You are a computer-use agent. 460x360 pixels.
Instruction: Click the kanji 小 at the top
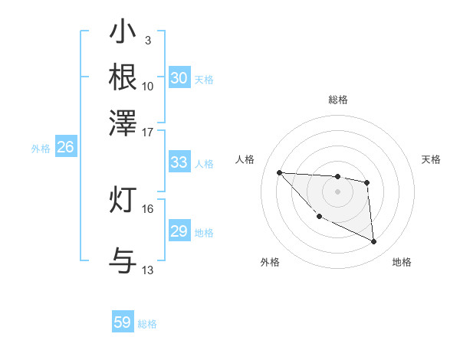tap(123, 33)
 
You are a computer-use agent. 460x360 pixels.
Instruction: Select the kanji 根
tap(123, 77)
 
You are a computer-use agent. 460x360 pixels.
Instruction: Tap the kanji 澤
tap(123, 122)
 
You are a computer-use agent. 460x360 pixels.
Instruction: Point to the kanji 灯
tap(123, 200)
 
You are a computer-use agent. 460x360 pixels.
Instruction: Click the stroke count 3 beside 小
tap(147, 40)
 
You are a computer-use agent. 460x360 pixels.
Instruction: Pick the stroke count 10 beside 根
tap(148, 86)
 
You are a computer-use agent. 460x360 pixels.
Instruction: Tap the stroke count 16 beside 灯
tap(148, 208)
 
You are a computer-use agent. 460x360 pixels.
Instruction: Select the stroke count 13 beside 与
tap(148, 270)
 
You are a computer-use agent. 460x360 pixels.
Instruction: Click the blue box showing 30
tap(179, 78)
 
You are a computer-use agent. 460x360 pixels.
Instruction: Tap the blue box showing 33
tap(179, 162)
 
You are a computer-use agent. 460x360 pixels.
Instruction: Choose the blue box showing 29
tap(179, 231)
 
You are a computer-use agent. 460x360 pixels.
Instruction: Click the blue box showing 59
tap(123, 322)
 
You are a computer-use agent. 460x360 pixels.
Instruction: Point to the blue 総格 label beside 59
tap(148, 324)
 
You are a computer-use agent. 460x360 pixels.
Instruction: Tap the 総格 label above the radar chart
tap(338, 100)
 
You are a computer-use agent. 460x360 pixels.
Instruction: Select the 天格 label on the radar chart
tap(432, 159)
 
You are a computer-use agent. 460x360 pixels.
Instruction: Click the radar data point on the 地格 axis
tap(374, 242)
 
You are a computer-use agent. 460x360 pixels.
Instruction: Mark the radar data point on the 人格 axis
tap(279, 172)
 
